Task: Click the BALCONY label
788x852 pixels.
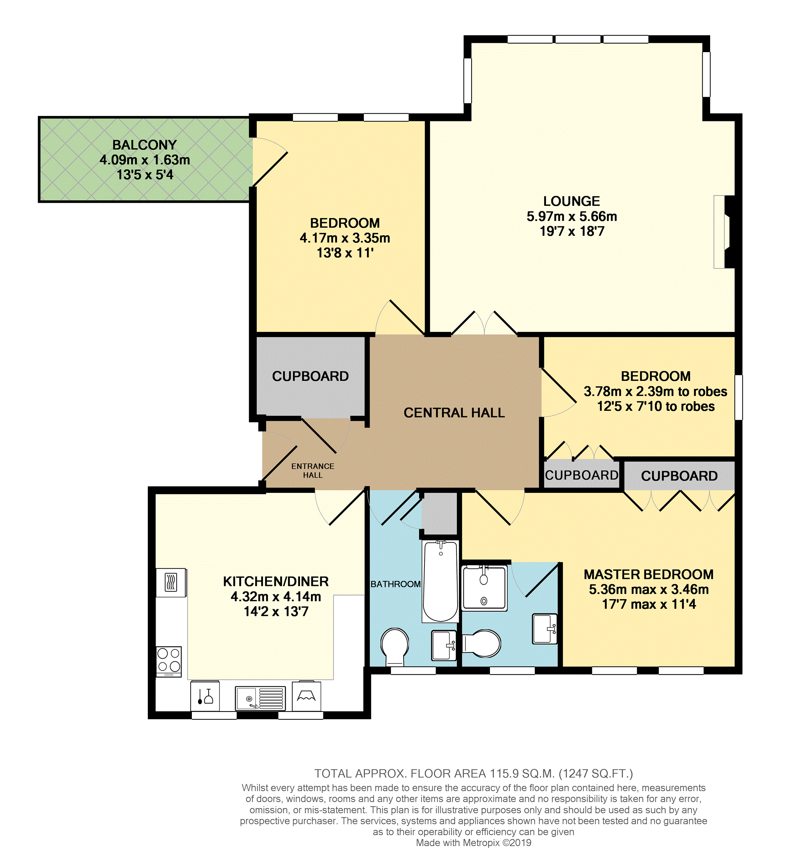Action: (144, 145)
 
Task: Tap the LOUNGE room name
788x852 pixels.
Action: (571, 201)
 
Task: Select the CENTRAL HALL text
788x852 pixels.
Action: (454, 412)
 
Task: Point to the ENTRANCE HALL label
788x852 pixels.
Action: (312, 470)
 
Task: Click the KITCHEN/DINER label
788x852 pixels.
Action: (276, 581)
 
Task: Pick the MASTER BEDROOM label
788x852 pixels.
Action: (649, 574)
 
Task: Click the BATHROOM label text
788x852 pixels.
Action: (396, 584)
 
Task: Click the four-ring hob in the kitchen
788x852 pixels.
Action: (169, 661)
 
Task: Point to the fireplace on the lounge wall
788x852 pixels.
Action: (724, 232)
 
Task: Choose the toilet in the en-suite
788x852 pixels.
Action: (482, 643)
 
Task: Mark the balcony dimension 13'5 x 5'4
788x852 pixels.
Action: (145, 175)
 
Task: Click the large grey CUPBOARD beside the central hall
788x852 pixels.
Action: (311, 377)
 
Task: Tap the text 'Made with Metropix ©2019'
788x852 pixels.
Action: (474, 843)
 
